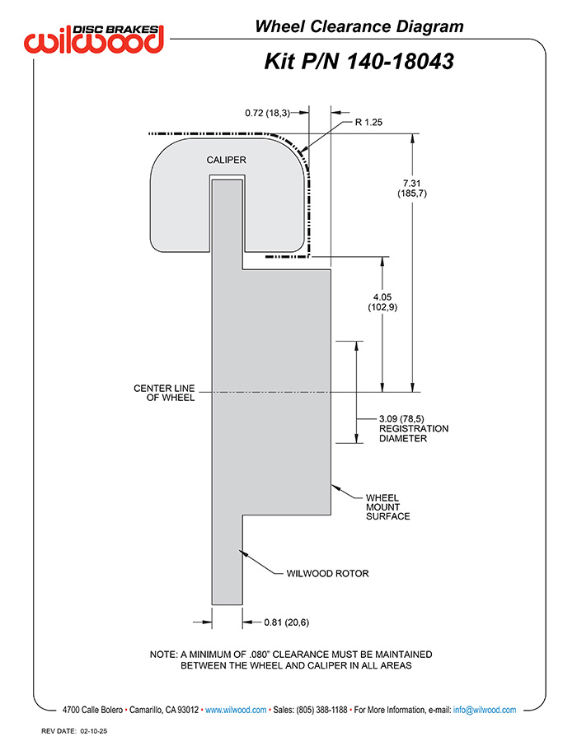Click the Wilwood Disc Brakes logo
(x=94, y=39)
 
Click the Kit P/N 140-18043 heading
(x=359, y=62)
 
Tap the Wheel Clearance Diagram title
(x=359, y=26)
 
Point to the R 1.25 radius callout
(x=368, y=122)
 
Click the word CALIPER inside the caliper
(x=227, y=160)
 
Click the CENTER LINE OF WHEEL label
(x=164, y=393)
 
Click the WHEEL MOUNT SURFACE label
(x=388, y=507)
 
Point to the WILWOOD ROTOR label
(x=328, y=573)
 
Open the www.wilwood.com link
(x=236, y=710)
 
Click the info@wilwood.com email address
(x=485, y=710)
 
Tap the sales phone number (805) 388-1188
(x=322, y=710)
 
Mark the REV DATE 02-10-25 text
(x=74, y=731)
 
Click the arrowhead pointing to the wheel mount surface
(x=335, y=487)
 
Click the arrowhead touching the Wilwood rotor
(x=243, y=553)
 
